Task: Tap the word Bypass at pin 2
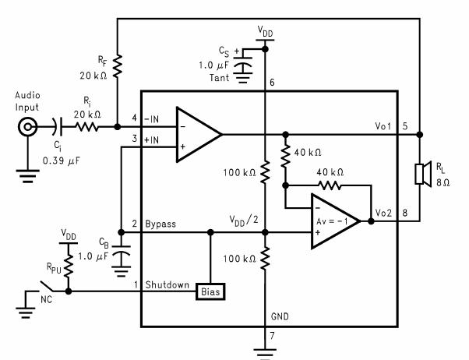pyautogui.click(x=161, y=224)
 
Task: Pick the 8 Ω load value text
pyautogui.click(x=441, y=183)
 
